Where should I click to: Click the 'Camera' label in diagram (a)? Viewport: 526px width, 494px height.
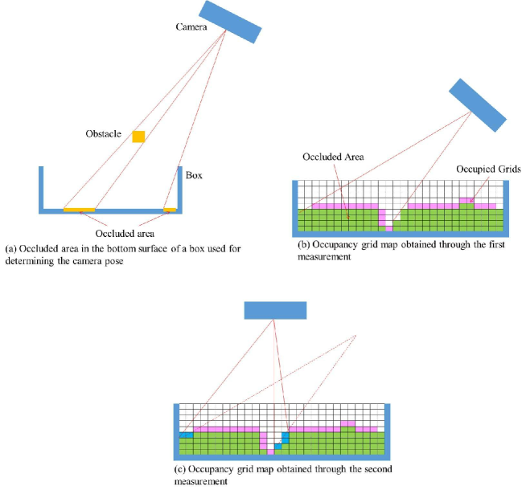tap(192, 27)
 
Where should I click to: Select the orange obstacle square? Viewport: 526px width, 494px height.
tap(139, 137)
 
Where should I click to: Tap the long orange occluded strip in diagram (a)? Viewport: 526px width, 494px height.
tap(80, 210)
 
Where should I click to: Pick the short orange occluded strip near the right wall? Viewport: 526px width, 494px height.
tap(170, 210)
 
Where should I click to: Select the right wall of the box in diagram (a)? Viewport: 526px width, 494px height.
tap(180, 189)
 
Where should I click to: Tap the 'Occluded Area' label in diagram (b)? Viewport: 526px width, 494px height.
tap(334, 157)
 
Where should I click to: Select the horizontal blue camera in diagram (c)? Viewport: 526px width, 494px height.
tap(275, 310)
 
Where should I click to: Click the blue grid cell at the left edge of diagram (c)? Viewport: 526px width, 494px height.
tap(186, 435)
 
